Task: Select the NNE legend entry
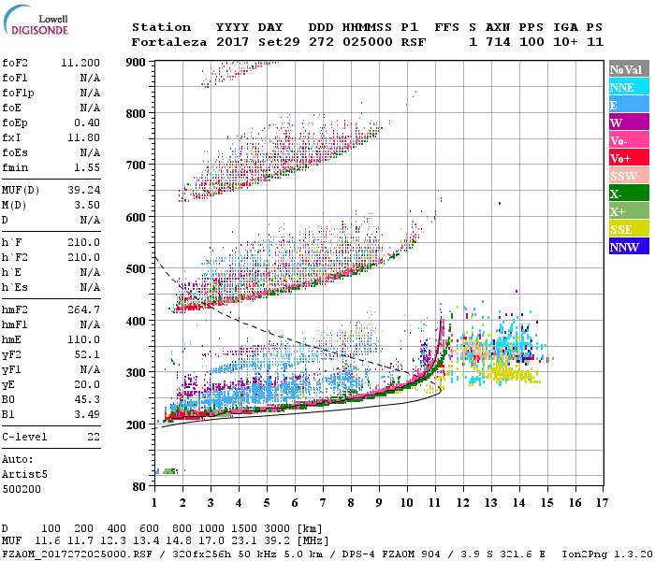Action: click(x=623, y=87)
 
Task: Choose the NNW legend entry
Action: click(x=624, y=247)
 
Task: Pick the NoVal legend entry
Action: click(x=625, y=69)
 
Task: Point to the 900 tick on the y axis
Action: click(x=137, y=62)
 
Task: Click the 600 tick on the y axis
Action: click(x=137, y=217)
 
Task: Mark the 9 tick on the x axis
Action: click(x=379, y=503)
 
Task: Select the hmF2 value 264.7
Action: click(x=84, y=309)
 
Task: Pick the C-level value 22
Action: click(x=93, y=437)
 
